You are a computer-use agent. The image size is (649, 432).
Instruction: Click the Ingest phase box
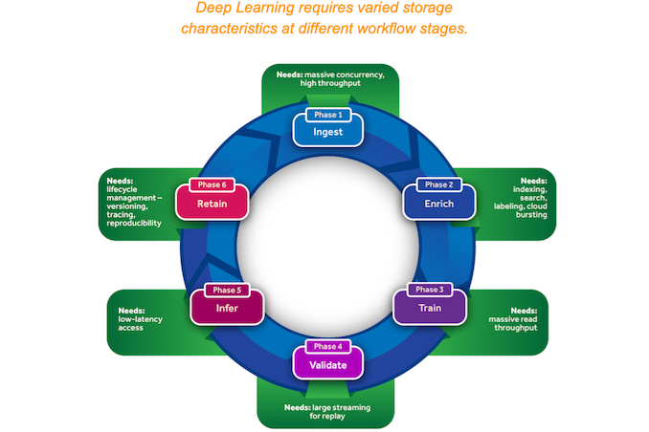coord(327,131)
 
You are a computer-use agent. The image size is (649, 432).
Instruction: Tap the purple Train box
coord(430,309)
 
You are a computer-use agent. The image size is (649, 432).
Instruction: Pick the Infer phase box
coord(226,309)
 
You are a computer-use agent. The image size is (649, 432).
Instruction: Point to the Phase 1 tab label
coord(327,115)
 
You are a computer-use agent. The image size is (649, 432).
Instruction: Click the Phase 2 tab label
coord(438,184)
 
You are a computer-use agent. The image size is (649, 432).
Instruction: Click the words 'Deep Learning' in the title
coord(239,9)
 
